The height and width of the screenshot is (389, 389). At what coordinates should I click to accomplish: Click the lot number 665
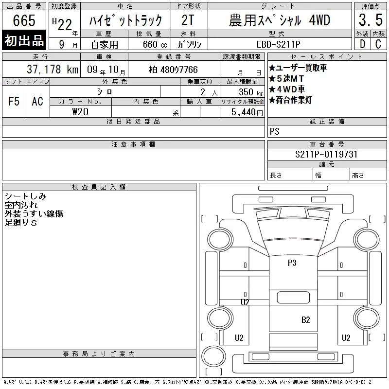click(24, 20)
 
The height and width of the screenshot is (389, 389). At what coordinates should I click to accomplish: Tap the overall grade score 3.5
click(371, 20)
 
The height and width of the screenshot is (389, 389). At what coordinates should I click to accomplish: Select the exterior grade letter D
click(362, 44)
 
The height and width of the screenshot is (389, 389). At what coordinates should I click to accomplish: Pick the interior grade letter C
click(378, 44)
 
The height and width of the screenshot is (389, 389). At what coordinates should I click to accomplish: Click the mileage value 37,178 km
click(53, 70)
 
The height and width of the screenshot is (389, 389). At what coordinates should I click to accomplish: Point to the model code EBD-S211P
click(278, 44)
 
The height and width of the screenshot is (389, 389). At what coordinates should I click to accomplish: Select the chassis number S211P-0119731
click(326, 154)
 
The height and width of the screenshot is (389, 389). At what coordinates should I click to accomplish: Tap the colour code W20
click(80, 112)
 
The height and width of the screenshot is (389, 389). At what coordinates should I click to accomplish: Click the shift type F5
click(14, 101)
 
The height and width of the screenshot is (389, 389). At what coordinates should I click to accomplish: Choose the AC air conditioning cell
click(37, 101)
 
